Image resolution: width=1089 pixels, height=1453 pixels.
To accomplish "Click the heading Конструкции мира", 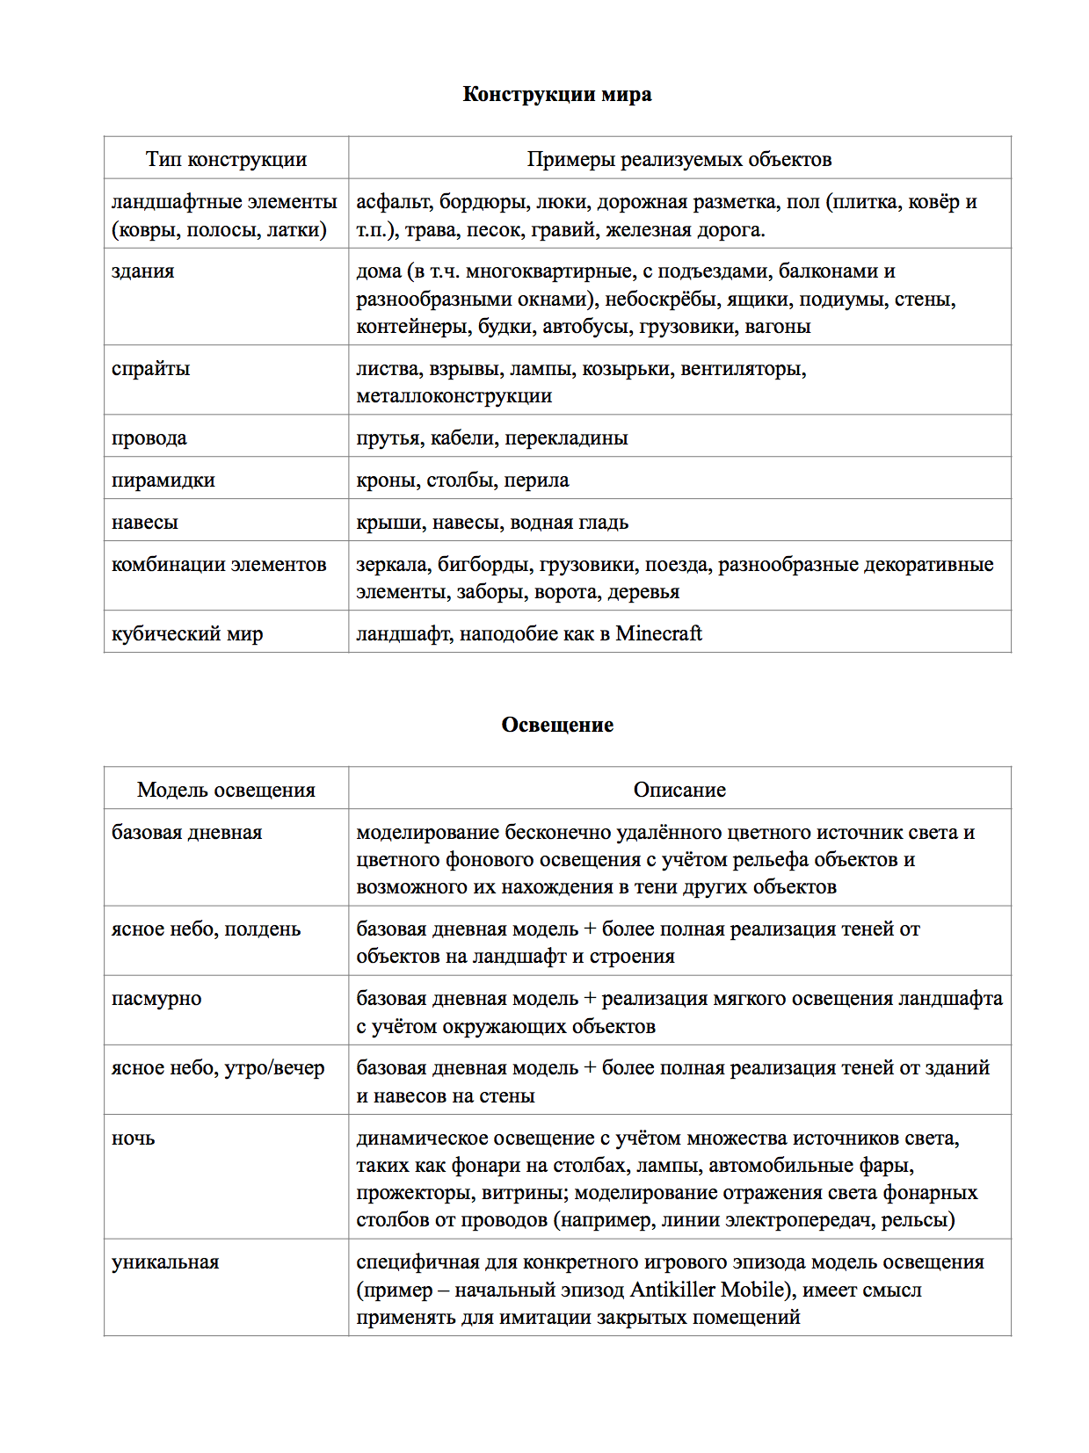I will coord(556,95).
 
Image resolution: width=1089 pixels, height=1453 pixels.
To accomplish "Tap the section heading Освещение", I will coord(556,725).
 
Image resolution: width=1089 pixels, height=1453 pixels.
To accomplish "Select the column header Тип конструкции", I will coord(226,159).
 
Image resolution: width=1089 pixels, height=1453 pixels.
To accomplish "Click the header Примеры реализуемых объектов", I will coord(679,159).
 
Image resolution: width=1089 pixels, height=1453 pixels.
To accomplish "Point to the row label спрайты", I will coord(150,368).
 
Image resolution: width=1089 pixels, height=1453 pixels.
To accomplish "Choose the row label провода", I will coord(149,437).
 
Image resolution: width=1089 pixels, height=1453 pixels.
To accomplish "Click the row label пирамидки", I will coord(163,480).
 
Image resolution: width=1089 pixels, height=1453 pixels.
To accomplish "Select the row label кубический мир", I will coord(186,633).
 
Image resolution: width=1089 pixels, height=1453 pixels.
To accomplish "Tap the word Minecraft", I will coord(658,633).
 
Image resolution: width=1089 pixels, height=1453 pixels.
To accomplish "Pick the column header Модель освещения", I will coord(226,790).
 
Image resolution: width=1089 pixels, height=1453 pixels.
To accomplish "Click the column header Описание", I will coord(679,790).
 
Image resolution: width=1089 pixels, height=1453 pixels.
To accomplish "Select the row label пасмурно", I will coord(156,999).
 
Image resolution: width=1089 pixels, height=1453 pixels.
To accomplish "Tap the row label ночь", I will coord(133,1139).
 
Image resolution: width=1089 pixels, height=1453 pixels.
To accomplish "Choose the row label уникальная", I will coord(165,1262).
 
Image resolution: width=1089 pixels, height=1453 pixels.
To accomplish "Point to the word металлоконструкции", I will coord(454,395).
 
